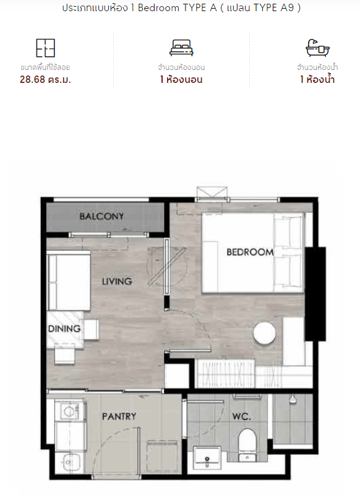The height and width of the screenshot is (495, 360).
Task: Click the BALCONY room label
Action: point(101,216)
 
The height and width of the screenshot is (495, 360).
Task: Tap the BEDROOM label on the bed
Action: point(250,252)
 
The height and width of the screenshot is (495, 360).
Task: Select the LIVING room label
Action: point(117,281)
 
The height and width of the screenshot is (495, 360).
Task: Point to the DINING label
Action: point(64,329)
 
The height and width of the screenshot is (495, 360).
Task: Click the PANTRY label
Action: point(119,416)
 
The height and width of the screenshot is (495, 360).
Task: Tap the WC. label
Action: point(242,416)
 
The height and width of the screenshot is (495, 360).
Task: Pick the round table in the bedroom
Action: point(264,333)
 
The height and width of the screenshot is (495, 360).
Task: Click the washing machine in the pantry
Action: point(70,410)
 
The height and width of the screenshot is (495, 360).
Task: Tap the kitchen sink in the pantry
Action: point(69,462)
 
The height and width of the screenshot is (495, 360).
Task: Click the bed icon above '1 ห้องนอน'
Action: point(181,48)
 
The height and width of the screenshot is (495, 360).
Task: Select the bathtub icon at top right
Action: point(317,48)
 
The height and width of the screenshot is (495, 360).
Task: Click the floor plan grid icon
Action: point(45,48)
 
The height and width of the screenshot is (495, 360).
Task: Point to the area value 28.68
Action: point(33,79)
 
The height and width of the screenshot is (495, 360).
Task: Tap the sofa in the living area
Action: point(69,281)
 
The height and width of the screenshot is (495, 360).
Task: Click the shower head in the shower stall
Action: point(293,398)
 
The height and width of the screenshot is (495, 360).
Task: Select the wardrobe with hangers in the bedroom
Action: point(225,374)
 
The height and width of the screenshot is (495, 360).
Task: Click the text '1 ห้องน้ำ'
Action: point(317,79)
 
